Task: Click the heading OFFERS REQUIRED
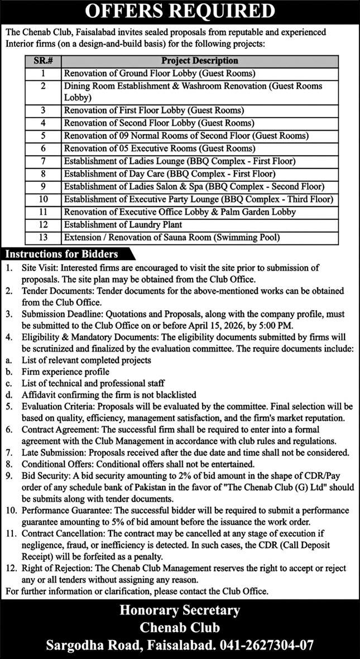click(x=180, y=12)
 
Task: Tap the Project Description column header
click(x=199, y=61)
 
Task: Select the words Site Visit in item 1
click(x=41, y=268)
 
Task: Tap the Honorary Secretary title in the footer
click(x=180, y=610)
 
